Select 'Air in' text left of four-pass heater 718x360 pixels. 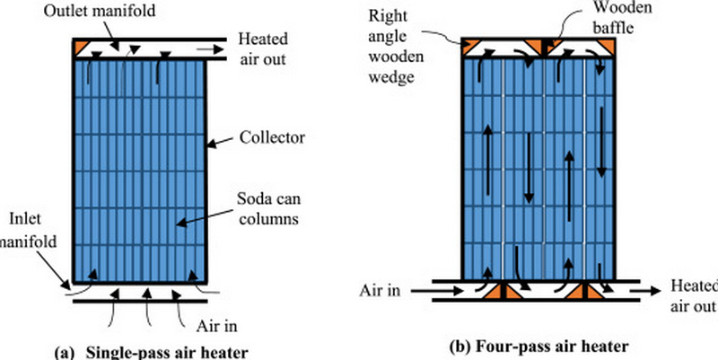pyautogui.click(x=380, y=291)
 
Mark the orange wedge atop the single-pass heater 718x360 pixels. pyautogui.click(x=83, y=44)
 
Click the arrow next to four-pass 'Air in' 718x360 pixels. pyautogui.click(x=428, y=291)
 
